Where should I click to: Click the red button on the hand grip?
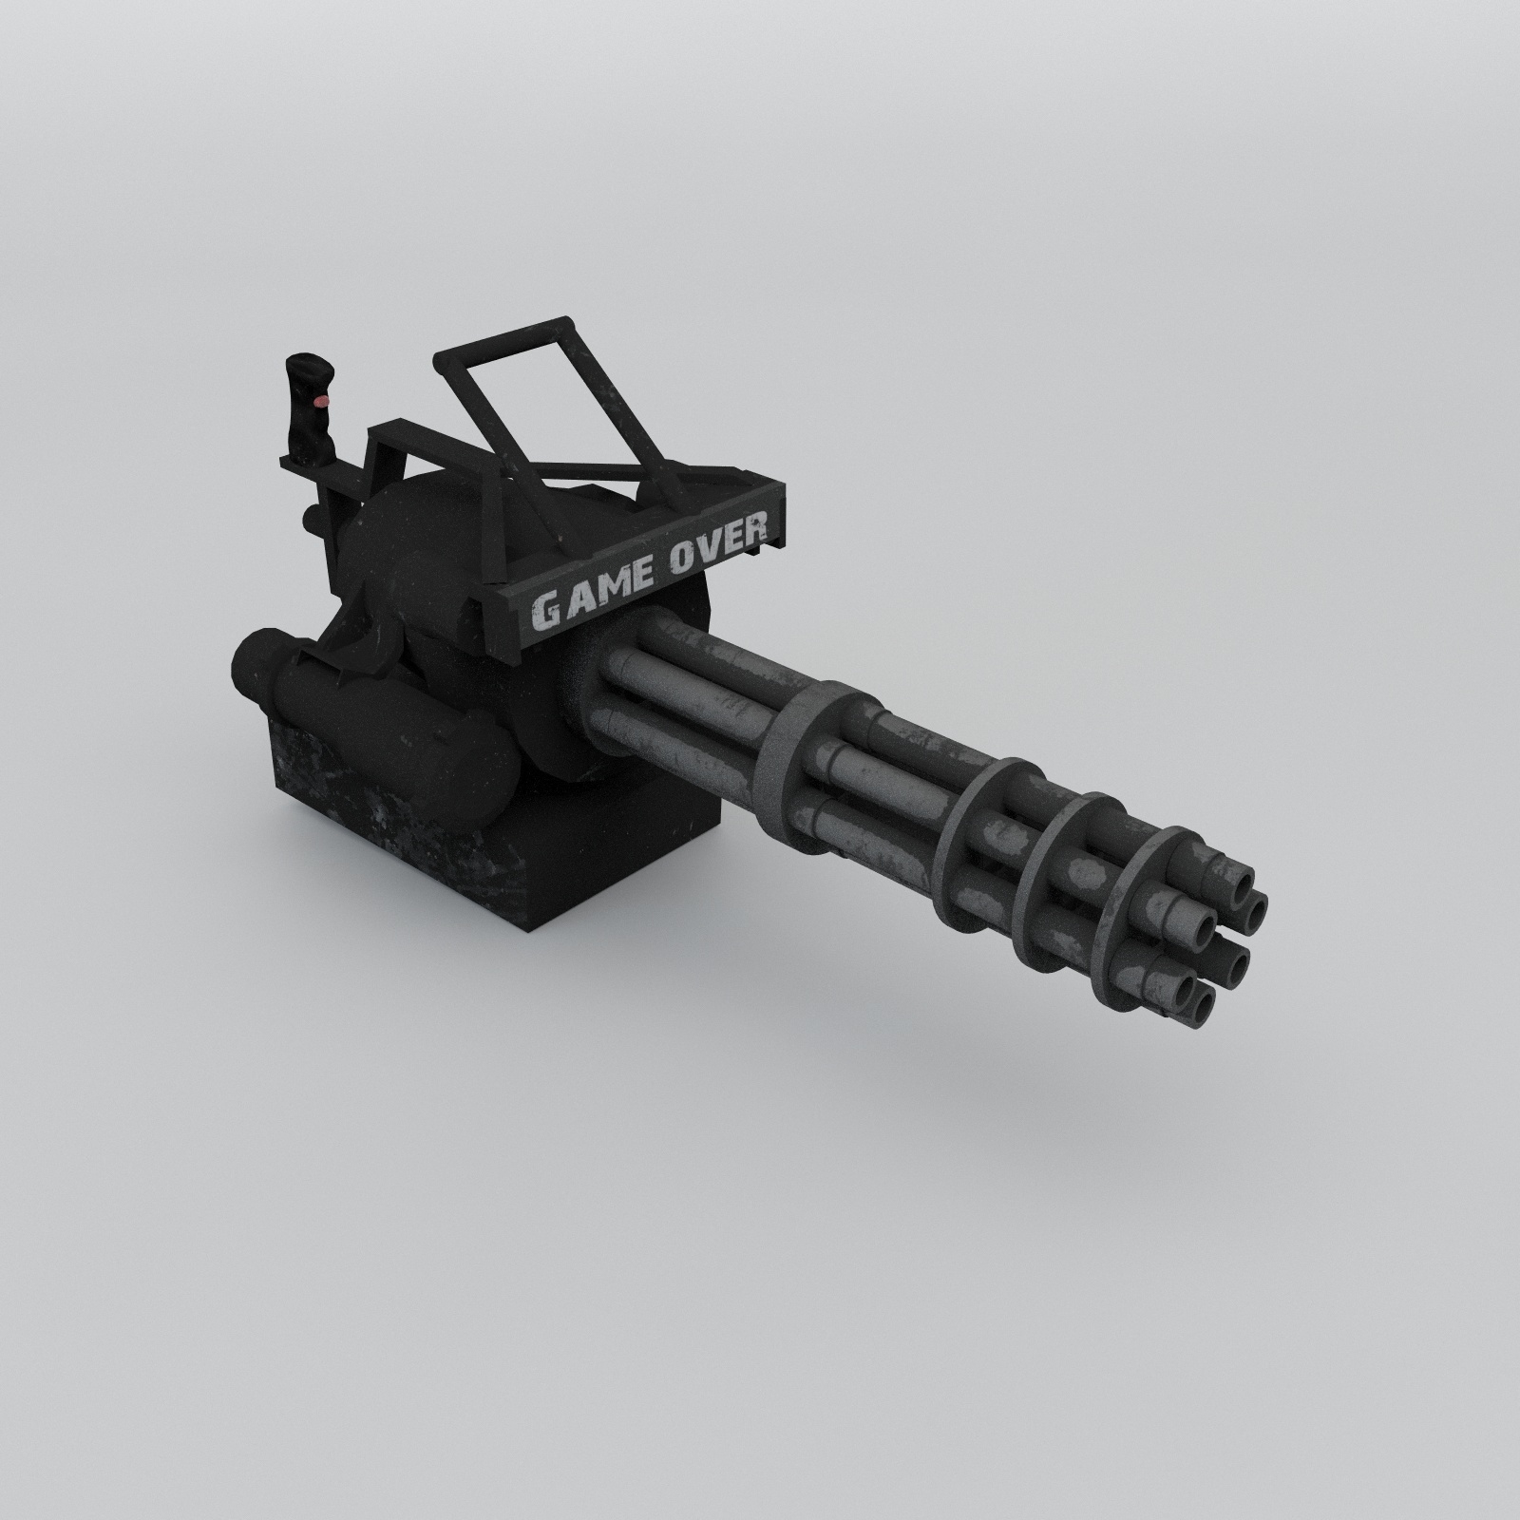321,403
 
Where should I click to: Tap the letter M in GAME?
606,591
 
